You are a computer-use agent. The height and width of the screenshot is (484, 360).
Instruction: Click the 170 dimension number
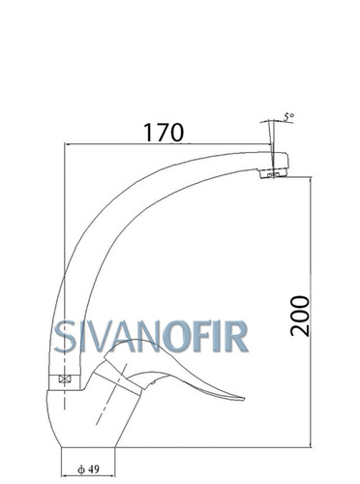(164, 133)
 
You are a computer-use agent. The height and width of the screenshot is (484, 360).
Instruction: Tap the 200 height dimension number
(300, 317)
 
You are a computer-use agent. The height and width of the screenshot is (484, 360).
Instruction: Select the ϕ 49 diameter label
(88, 469)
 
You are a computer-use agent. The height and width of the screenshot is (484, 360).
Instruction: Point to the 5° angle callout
(289, 117)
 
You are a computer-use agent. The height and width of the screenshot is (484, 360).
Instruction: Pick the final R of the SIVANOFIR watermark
(236, 336)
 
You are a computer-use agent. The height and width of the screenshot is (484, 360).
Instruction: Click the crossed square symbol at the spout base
(65, 379)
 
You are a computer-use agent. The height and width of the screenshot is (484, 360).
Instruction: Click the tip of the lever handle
(244, 399)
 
